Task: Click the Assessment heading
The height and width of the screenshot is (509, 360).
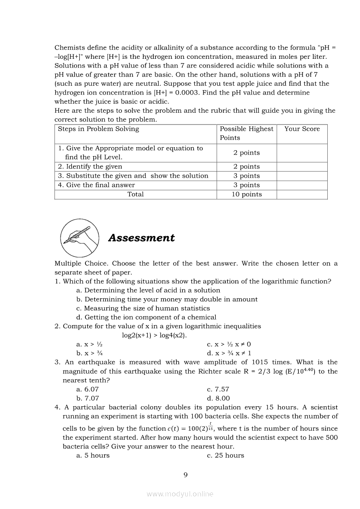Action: point(141,238)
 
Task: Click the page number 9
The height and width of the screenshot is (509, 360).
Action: point(186,474)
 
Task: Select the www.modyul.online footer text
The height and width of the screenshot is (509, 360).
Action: point(180,494)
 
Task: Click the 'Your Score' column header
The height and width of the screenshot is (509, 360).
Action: point(302,129)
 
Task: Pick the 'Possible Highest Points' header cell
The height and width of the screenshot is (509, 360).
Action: point(246,133)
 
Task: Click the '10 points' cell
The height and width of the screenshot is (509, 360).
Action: point(246,194)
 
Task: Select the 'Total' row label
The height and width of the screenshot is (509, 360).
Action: point(135,194)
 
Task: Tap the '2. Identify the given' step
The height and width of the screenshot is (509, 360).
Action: point(90,166)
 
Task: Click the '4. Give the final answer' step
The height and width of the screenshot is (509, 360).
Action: point(96,185)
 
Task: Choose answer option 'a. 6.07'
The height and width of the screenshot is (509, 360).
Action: point(88,389)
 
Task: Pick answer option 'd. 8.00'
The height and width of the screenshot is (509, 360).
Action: point(218,398)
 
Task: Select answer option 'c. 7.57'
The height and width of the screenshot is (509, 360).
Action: point(218,389)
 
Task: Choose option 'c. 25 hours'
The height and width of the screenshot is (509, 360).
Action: point(225,455)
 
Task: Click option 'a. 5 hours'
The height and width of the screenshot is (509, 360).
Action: point(93,455)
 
